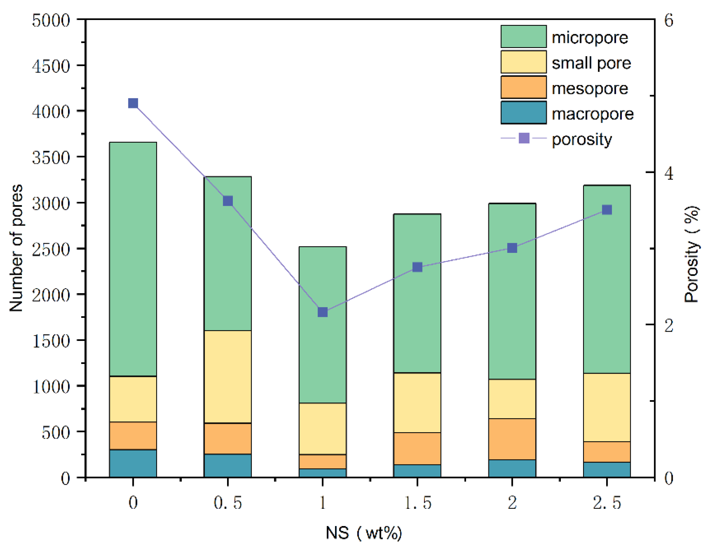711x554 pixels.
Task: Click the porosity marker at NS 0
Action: pos(133,104)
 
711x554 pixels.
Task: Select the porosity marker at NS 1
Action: pos(322,312)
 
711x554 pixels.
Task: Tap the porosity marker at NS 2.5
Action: pos(607,210)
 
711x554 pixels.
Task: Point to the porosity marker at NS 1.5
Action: pos(417,267)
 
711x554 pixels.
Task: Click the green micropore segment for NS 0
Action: pos(133,259)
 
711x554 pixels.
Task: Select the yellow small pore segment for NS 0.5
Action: pos(228,377)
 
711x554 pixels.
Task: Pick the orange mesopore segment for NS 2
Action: pos(512,439)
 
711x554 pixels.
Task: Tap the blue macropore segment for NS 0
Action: pos(133,463)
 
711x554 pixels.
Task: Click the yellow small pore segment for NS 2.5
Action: pos(607,407)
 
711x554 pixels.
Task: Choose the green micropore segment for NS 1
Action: pos(322,325)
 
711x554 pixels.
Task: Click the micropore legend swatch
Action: pos(523,36)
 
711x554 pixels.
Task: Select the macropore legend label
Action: pos(592,114)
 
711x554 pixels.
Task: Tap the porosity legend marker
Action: pos(524,138)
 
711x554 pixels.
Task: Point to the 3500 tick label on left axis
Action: pos(51,158)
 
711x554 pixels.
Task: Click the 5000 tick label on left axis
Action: pos(51,20)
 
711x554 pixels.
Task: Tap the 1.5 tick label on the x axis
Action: pos(418,503)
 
